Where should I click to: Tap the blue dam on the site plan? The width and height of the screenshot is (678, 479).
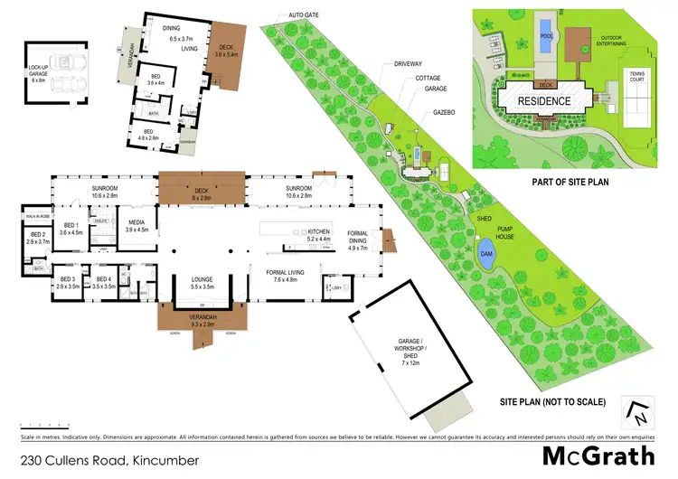486,250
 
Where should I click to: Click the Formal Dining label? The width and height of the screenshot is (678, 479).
358,242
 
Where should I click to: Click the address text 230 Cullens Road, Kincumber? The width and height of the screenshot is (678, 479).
89,460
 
